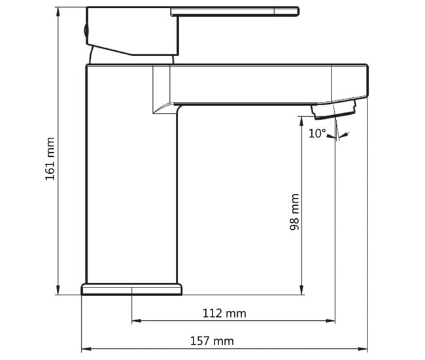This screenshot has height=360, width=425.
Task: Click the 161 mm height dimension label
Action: (x=50, y=159)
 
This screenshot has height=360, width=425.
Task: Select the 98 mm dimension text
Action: (x=294, y=212)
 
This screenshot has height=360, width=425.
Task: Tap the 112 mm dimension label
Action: (x=224, y=314)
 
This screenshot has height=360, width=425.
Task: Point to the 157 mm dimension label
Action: (x=212, y=341)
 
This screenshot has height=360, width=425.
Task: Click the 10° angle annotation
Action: (x=317, y=133)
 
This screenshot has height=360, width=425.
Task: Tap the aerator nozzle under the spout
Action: (x=333, y=109)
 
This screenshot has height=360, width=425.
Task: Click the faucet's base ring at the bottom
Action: (x=131, y=289)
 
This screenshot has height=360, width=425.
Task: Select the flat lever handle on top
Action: (x=235, y=12)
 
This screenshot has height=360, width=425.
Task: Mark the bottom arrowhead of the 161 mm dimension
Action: (x=58, y=290)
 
